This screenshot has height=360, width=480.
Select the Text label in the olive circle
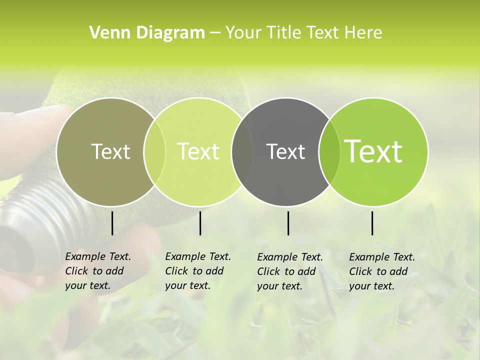pos(110,151)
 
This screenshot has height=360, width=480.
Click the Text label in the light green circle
pos(198,151)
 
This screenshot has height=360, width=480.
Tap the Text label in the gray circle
pos(285,151)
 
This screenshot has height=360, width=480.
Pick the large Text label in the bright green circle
pos(373,151)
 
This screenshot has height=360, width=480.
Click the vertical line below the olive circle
pos(112,223)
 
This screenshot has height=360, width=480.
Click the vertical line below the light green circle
pos(200,223)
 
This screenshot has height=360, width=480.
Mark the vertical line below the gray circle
pos(288,223)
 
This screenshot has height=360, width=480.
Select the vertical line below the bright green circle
pos(372,223)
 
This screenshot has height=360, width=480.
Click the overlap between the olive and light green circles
pos(154,151)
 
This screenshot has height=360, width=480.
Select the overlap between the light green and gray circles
pos(242,151)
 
